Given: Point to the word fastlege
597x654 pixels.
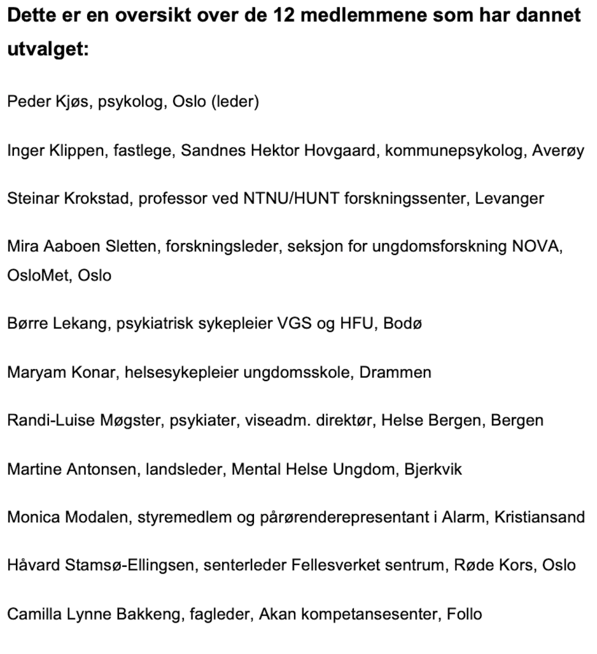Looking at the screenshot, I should [148, 150].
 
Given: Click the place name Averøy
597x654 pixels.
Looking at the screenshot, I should [558, 150].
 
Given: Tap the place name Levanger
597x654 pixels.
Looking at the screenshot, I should [510, 198].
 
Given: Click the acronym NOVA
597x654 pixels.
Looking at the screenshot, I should [537, 247].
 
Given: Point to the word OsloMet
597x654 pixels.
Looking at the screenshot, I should [39, 276].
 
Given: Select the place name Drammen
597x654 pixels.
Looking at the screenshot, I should [395, 372].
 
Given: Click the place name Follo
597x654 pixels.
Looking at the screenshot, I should [464, 615].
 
